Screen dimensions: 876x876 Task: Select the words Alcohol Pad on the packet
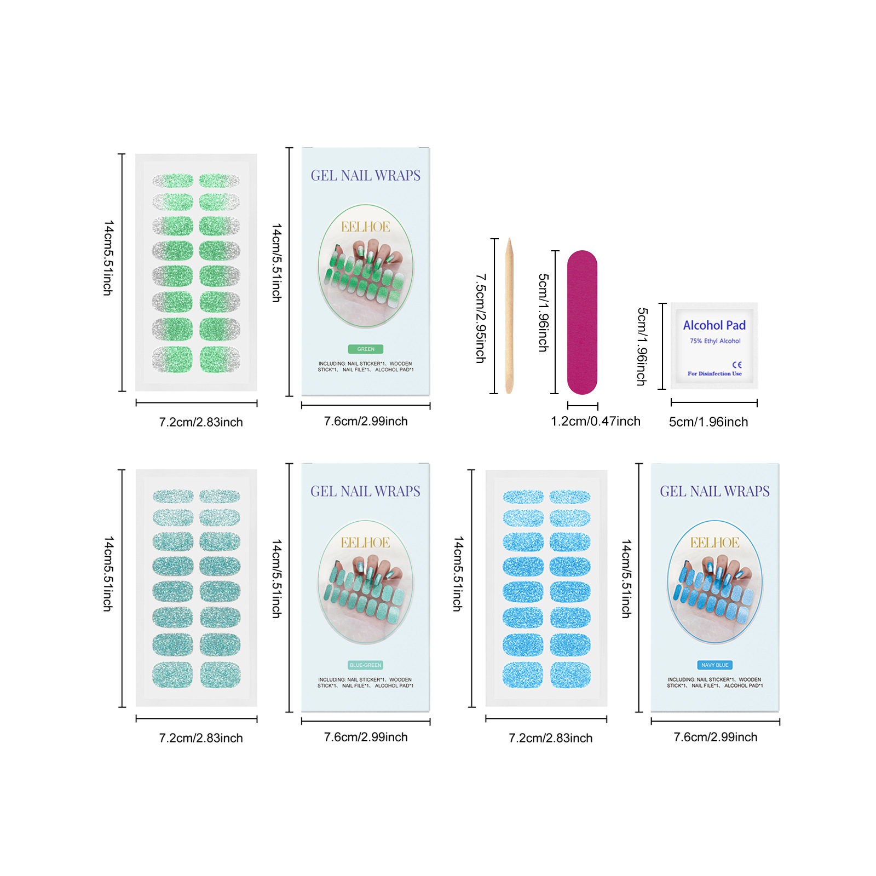click(x=714, y=325)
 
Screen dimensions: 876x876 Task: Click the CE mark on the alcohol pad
click(x=737, y=365)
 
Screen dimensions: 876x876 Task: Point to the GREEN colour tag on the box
click(x=366, y=349)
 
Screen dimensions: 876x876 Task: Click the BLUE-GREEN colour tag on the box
click(x=366, y=665)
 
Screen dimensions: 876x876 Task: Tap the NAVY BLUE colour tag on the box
click(x=714, y=665)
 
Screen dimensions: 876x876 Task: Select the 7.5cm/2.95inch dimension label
click(x=480, y=319)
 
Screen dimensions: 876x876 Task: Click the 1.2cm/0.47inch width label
click(x=595, y=421)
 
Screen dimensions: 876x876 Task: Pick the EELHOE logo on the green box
click(x=366, y=227)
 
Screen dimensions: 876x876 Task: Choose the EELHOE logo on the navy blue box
click(x=714, y=543)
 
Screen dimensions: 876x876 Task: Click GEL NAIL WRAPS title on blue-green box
click(x=366, y=491)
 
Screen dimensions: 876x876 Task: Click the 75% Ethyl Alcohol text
click(x=715, y=341)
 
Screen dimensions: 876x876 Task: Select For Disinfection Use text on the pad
click(x=714, y=374)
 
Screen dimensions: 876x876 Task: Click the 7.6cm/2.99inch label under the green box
click(x=366, y=421)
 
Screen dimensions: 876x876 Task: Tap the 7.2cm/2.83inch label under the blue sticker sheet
click(x=550, y=738)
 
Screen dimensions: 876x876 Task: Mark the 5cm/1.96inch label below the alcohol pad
click(x=708, y=422)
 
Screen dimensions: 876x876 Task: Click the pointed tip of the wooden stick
click(x=509, y=240)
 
